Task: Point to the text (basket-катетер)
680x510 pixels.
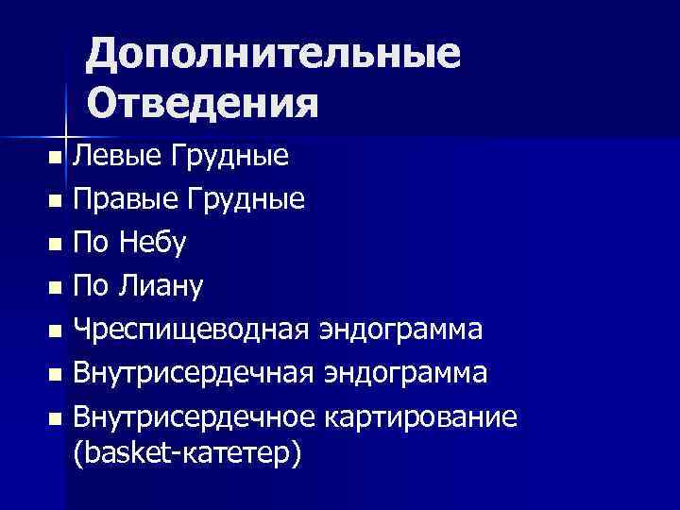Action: point(188,454)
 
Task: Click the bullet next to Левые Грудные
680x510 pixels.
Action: point(57,156)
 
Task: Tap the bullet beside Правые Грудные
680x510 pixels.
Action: point(57,200)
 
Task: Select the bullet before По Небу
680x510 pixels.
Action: point(57,244)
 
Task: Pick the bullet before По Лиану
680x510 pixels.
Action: point(57,287)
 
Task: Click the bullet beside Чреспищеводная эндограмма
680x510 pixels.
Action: point(57,331)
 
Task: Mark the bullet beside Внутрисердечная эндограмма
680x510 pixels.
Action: point(57,375)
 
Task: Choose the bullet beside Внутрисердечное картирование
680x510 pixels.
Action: point(57,418)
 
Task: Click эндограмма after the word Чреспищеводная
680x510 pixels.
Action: point(401,330)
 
